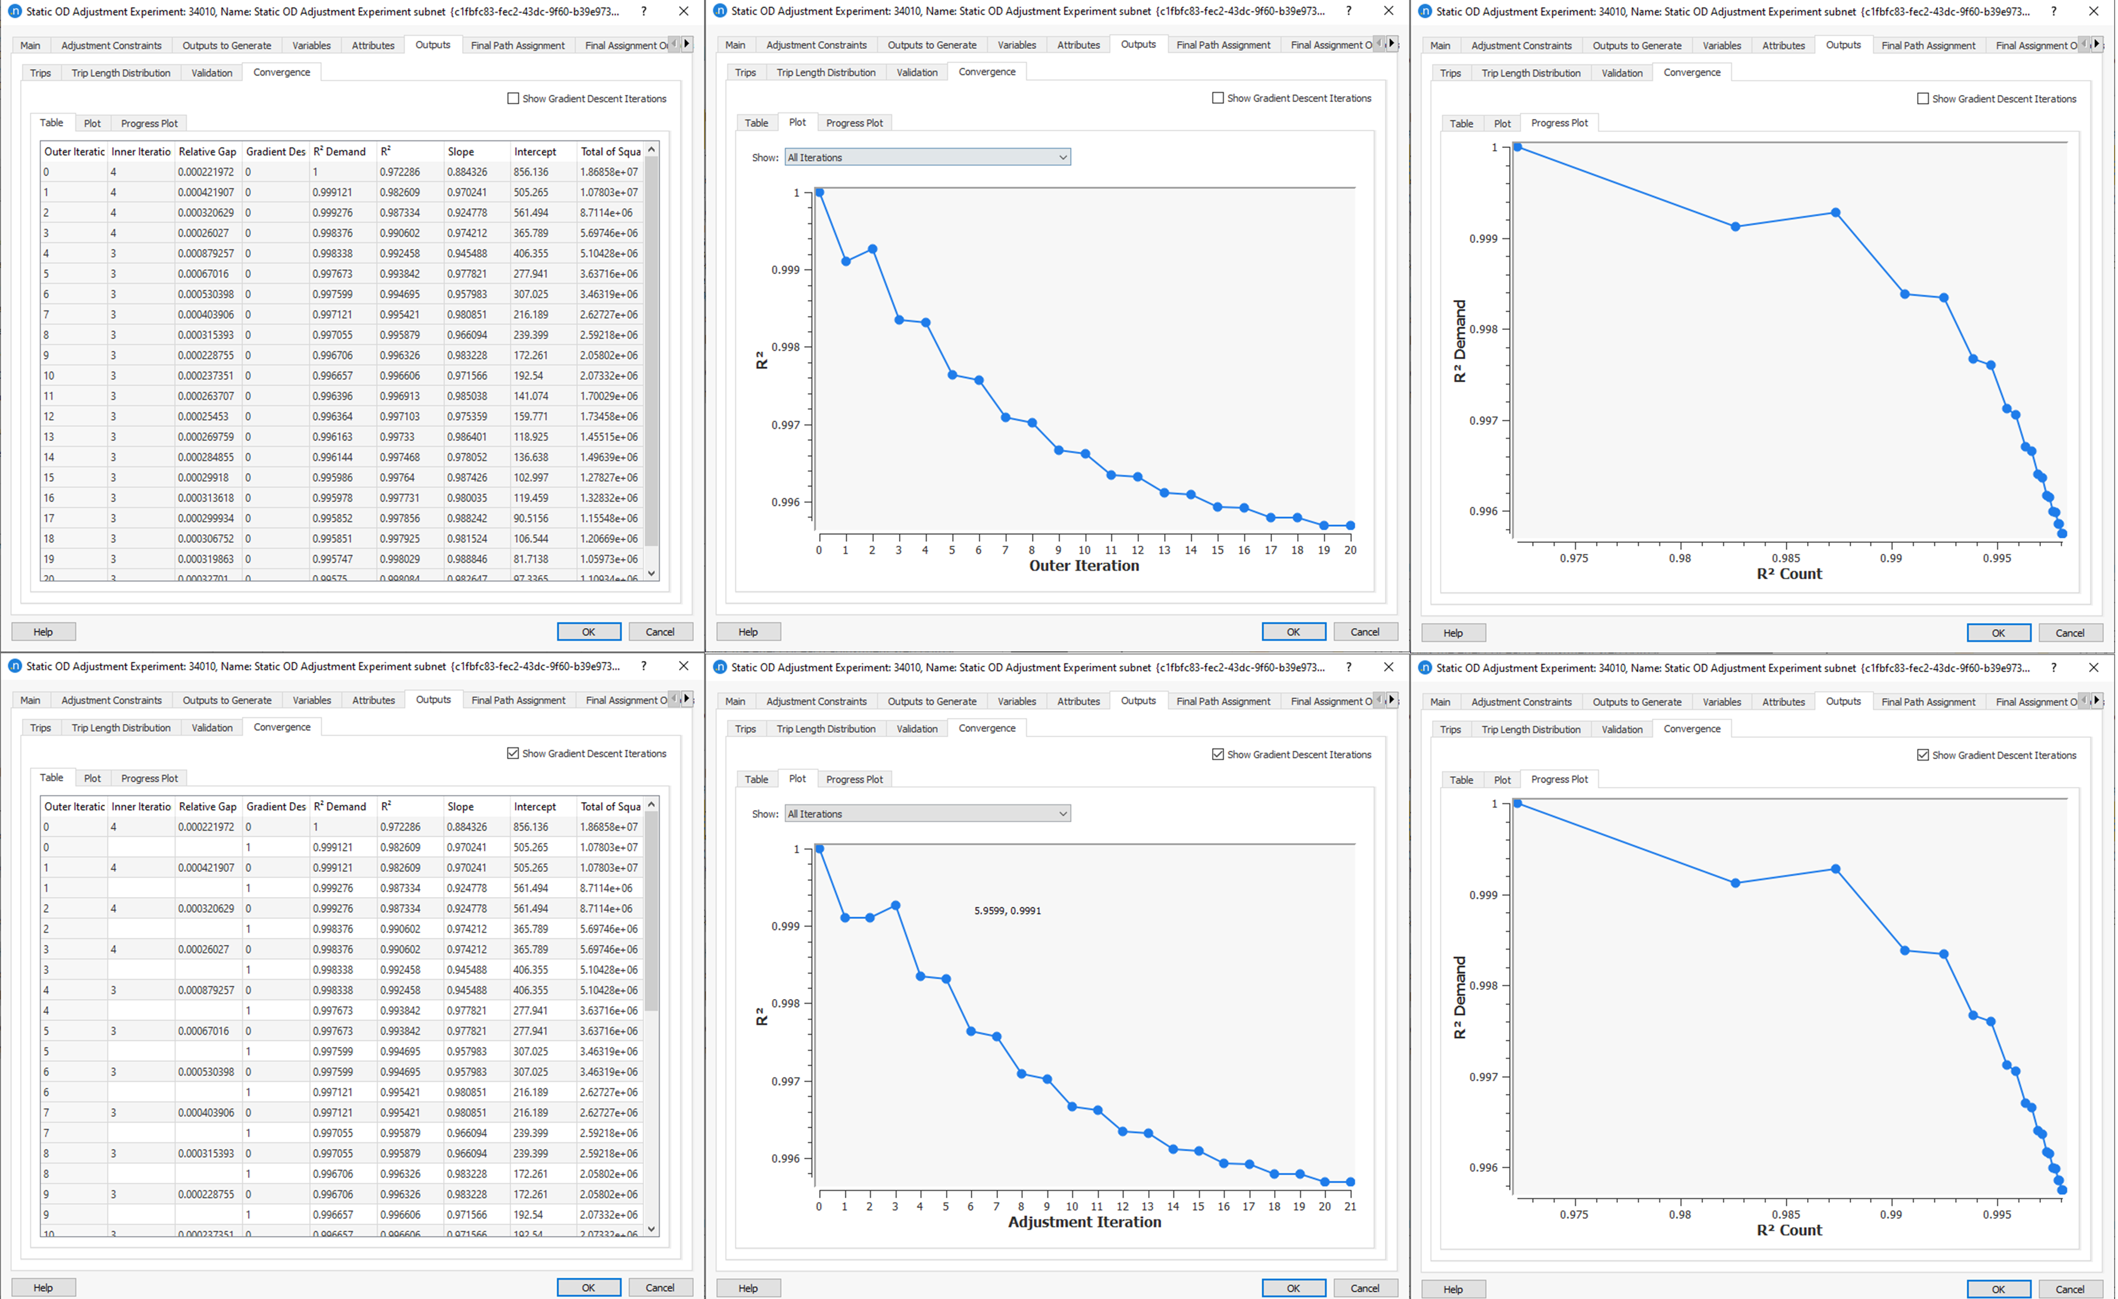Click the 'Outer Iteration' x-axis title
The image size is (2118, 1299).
pos(1084,565)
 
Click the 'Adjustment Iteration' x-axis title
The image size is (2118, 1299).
pos(1084,1222)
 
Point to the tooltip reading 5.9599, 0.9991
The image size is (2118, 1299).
pos(1007,910)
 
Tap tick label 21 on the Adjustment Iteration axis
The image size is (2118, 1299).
pos(1350,1206)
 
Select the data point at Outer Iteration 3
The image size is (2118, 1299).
pos(899,320)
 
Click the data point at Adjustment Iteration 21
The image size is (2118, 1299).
pos(1350,1182)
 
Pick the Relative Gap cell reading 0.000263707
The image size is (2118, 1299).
pos(205,396)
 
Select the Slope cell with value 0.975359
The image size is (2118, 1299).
pos(467,417)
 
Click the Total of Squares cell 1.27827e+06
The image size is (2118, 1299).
pos(608,478)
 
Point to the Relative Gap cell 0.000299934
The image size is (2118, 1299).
pos(205,518)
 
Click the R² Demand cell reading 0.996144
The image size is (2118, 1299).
pos(333,457)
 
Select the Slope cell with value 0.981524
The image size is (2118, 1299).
pos(467,539)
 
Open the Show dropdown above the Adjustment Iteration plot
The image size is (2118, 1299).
pos(927,813)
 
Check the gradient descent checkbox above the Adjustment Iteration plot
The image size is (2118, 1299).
pos(1218,754)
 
